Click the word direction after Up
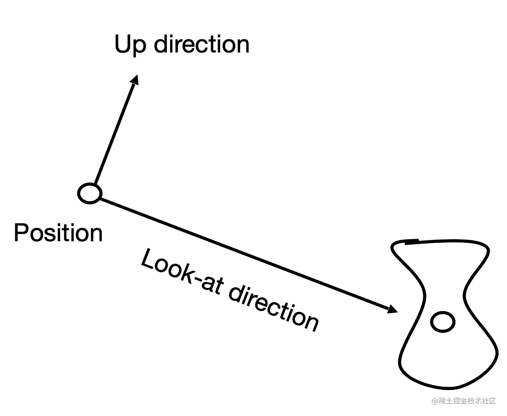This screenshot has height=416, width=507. pos(202,44)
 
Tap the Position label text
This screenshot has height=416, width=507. pos(58,233)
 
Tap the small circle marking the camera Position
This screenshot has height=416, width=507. pos(89,193)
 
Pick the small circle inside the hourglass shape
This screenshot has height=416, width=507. pos(442,322)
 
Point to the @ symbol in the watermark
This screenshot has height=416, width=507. pos(435,401)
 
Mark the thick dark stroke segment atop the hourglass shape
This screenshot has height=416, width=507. pos(412,242)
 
